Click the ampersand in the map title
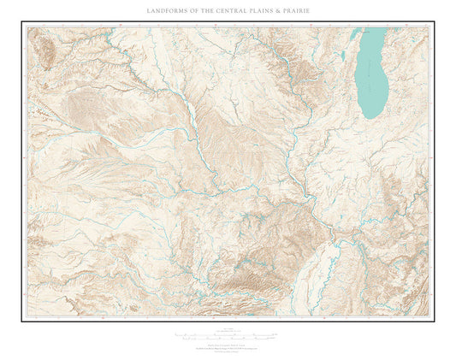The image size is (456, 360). click(281, 10)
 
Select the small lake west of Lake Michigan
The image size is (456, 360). click(343, 56)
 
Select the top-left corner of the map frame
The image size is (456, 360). click(21, 21)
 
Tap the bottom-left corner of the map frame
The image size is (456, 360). click(21, 321)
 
